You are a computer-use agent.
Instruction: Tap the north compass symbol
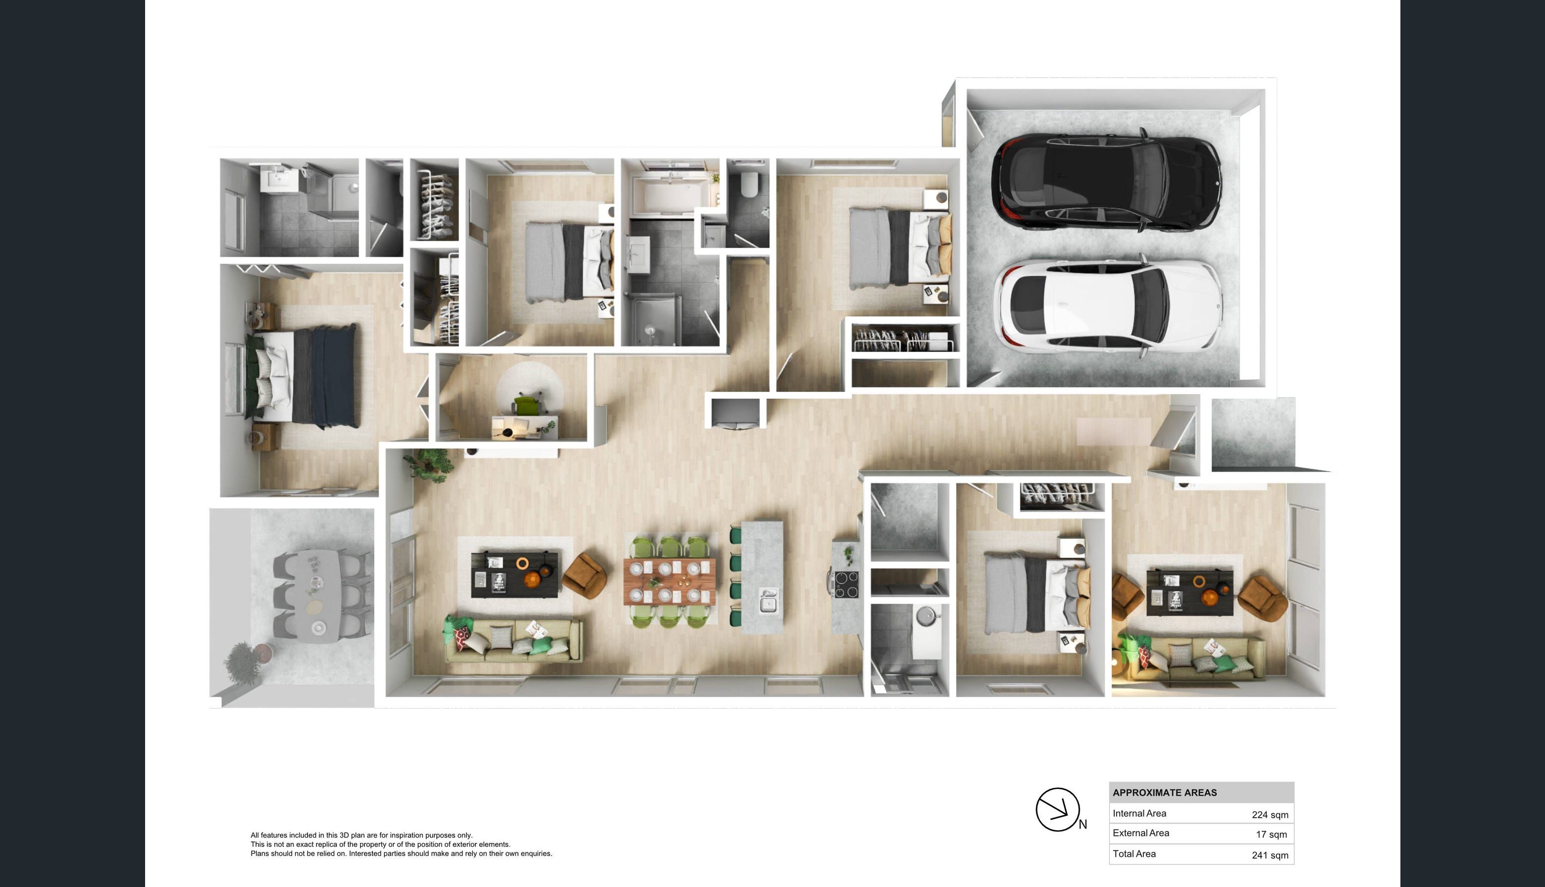coord(1058,810)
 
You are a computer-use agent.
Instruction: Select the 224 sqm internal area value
coord(1270,815)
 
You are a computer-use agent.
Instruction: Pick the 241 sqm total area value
coord(1270,855)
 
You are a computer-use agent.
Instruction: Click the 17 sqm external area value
coord(1271,834)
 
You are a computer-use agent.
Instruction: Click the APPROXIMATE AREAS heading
coord(1164,792)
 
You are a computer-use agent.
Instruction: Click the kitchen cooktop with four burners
coord(845,584)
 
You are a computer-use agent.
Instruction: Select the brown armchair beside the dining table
coord(584,576)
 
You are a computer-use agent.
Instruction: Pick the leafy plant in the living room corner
coord(429,465)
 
